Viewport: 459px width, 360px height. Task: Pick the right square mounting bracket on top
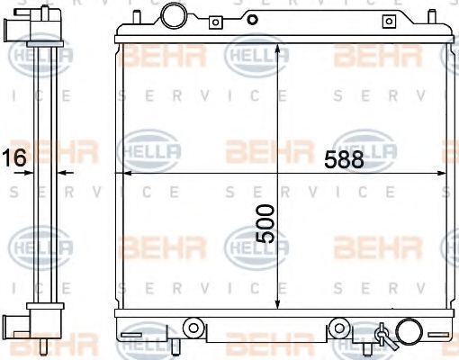click(389, 22)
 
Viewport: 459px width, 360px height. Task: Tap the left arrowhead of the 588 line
click(123, 171)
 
